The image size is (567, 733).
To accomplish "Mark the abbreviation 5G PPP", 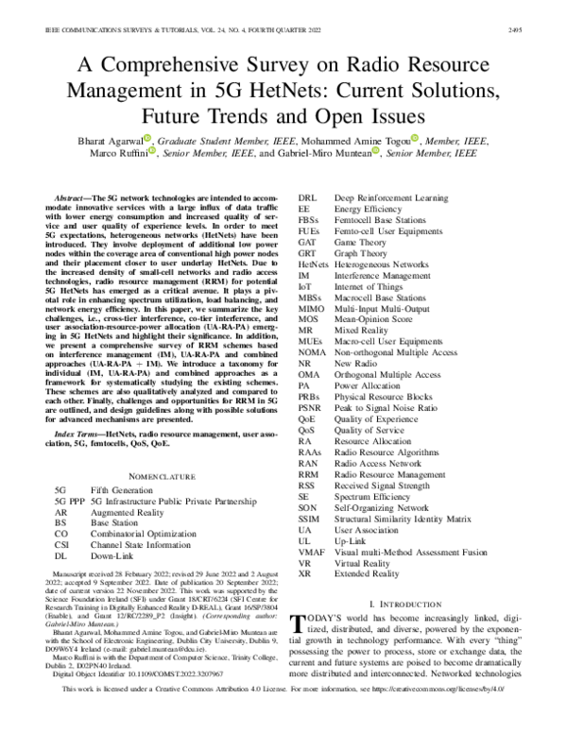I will click(x=72, y=503).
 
